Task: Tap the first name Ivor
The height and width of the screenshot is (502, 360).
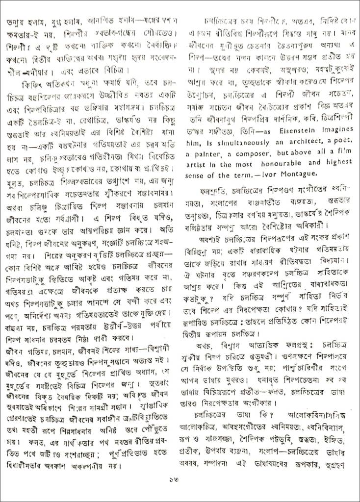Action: point(269,175)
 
